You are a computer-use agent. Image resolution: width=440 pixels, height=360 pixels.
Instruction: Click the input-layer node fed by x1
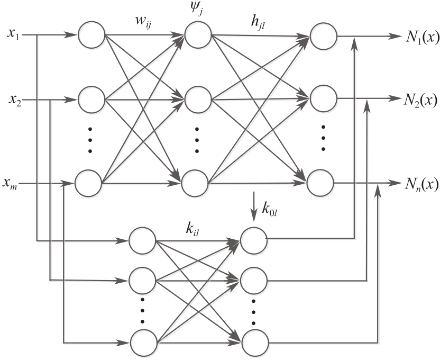coord(92,35)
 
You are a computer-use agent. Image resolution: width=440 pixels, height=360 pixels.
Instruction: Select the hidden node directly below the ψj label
coord(197,35)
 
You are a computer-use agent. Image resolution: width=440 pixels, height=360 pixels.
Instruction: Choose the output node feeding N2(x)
coord(322,98)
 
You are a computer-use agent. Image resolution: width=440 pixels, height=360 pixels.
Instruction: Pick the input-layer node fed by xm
coord(88,184)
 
